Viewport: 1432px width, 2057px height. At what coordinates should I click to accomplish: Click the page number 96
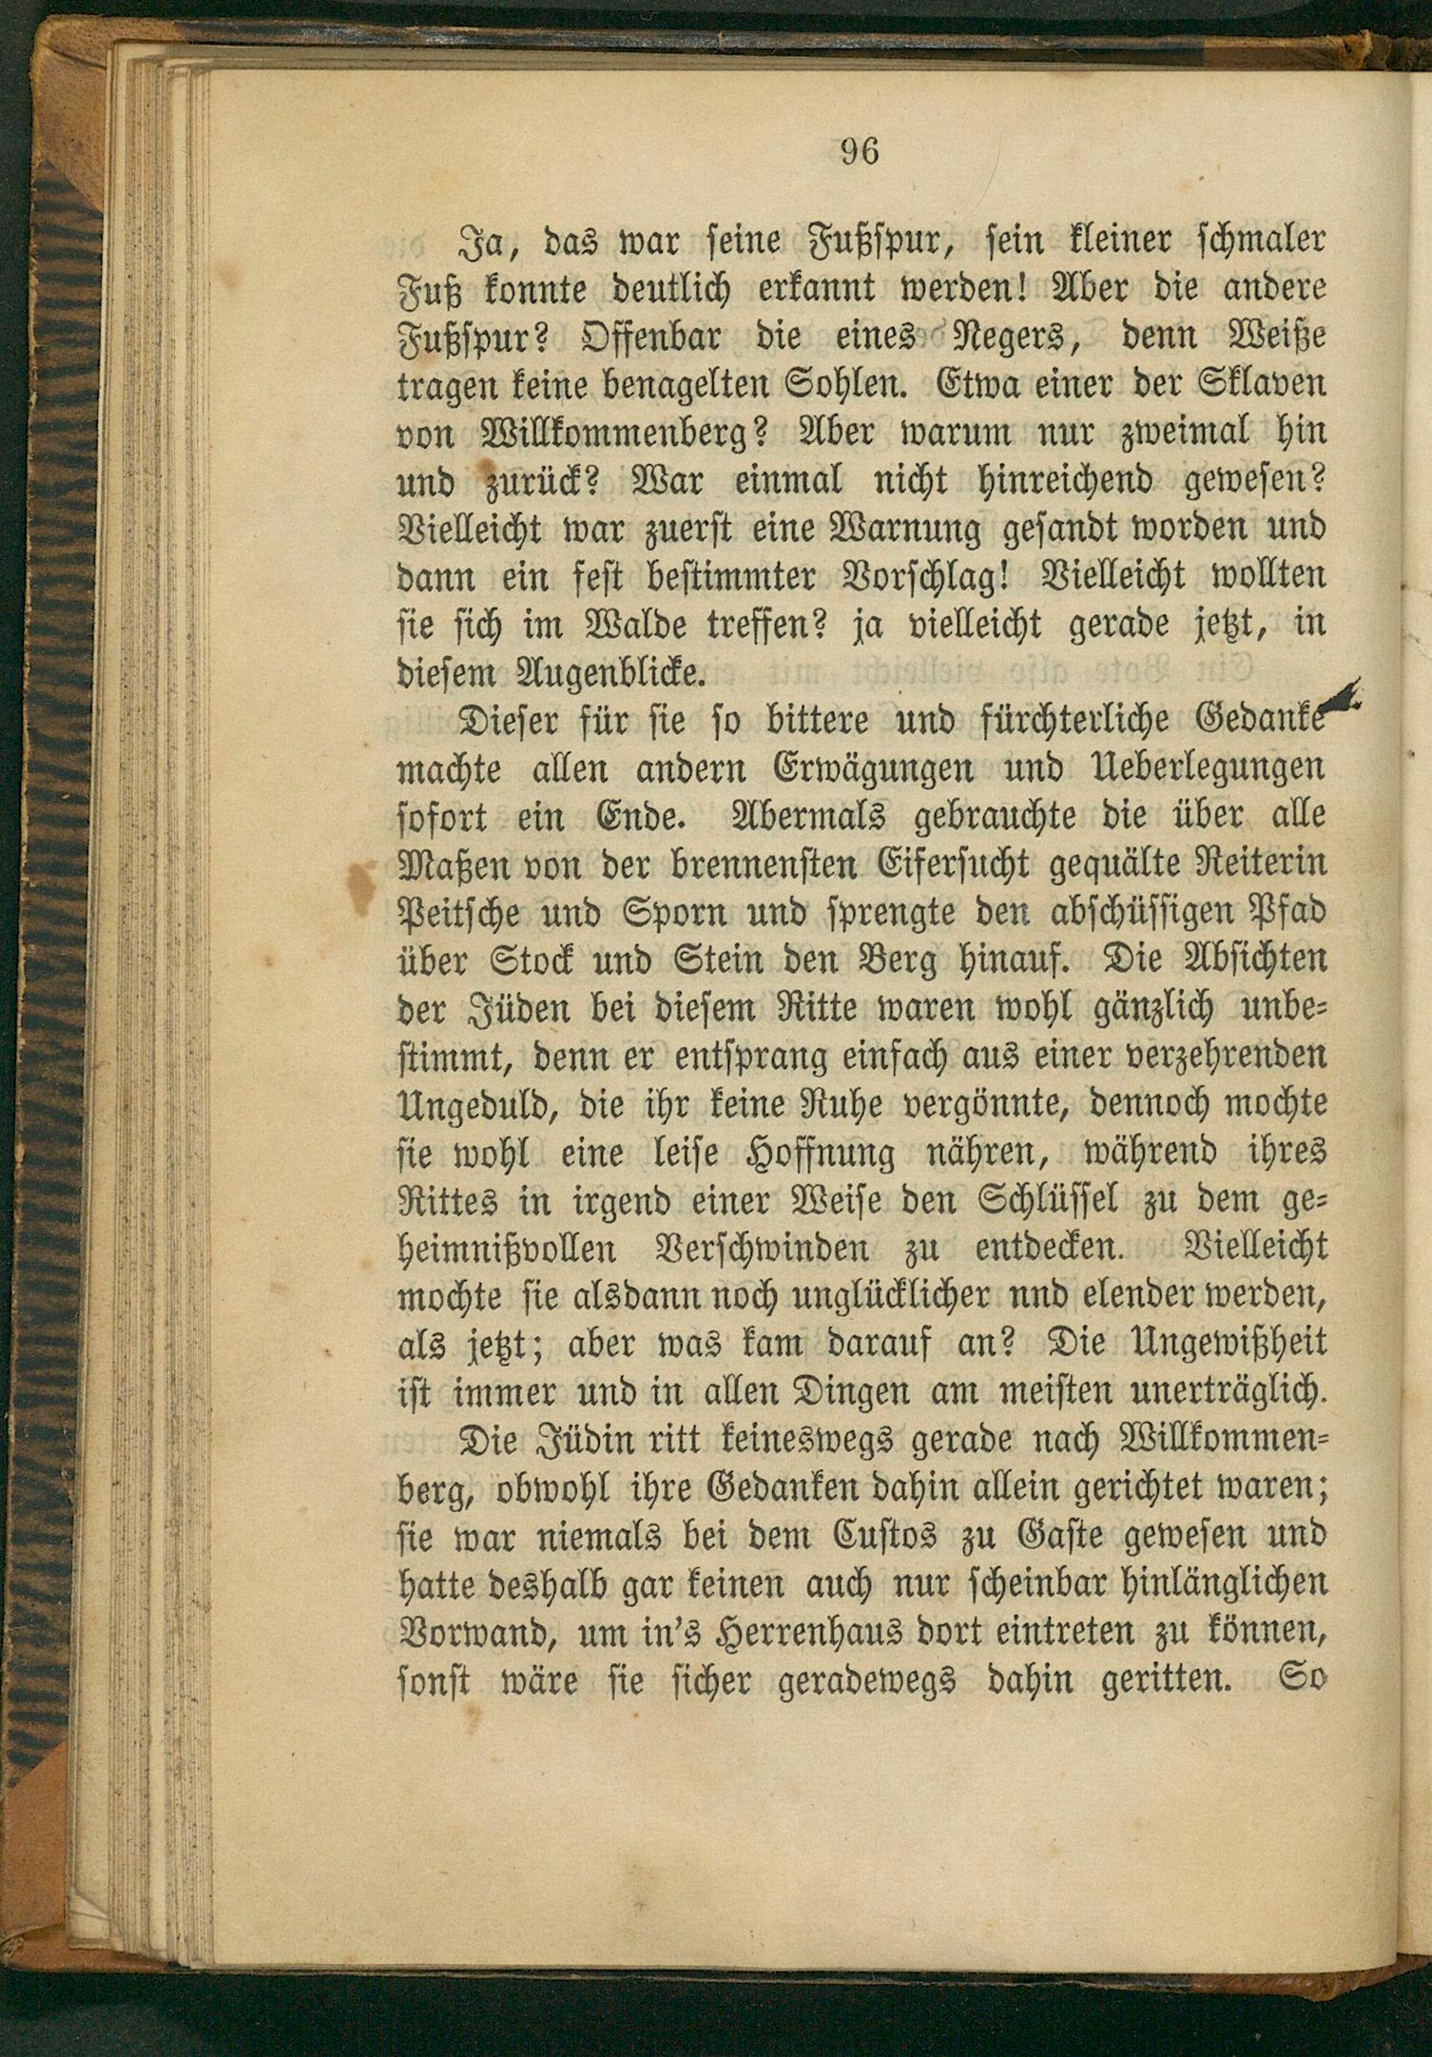[x=861, y=151]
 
